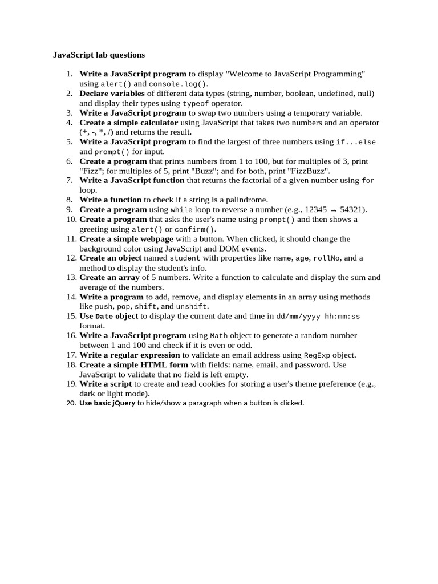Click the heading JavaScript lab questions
point(99,55)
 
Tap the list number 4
point(70,123)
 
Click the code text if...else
point(356,142)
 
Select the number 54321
point(352,210)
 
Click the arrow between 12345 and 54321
point(333,210)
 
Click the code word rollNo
point(327,258)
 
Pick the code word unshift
point(192,307)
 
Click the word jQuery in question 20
point(124,403)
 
